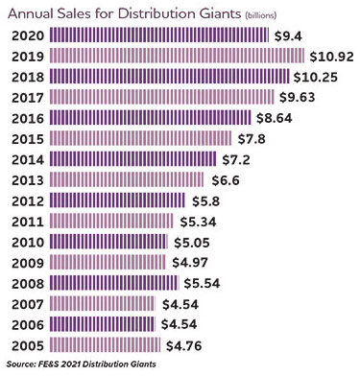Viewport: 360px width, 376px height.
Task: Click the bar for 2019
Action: [x=177, y=56]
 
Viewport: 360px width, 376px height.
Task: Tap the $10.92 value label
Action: [x=330, y=56]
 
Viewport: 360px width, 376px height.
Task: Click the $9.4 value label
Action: [x=290, y=35]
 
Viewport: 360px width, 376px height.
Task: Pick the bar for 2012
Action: [x=116, y=200]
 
